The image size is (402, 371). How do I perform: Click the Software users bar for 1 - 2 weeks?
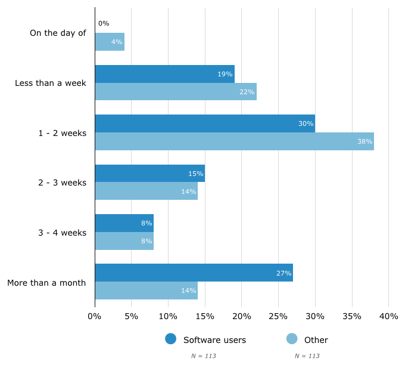(204, 123)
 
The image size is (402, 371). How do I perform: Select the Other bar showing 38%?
(234, 141)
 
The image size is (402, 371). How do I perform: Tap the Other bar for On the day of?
(110, 42)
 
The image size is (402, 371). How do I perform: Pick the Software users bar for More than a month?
(194, 273)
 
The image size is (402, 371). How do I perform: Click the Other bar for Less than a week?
(176, 91)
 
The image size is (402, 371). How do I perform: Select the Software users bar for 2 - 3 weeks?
(149, 173)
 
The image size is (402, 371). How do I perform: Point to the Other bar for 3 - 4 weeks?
(124, 240)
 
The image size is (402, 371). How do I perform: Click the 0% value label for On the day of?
(104, 23)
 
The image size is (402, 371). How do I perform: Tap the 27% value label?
(284, 273)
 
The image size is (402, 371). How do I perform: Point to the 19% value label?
(225, 74)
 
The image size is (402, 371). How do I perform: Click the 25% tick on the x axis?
(279, 316)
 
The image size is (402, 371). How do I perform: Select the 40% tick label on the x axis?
(388, 316)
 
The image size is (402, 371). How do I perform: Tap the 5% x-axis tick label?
(131, 316)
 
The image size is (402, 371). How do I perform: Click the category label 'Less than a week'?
(51, 83)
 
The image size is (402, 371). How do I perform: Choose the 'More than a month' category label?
(46, 282)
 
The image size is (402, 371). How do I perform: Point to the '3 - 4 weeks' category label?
(63, 233)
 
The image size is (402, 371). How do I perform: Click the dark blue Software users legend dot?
(171, 339)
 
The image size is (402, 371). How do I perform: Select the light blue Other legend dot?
(292, 339)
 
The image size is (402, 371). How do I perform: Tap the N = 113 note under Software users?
(203, 356)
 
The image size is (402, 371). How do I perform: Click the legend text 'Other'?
(316, 340)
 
